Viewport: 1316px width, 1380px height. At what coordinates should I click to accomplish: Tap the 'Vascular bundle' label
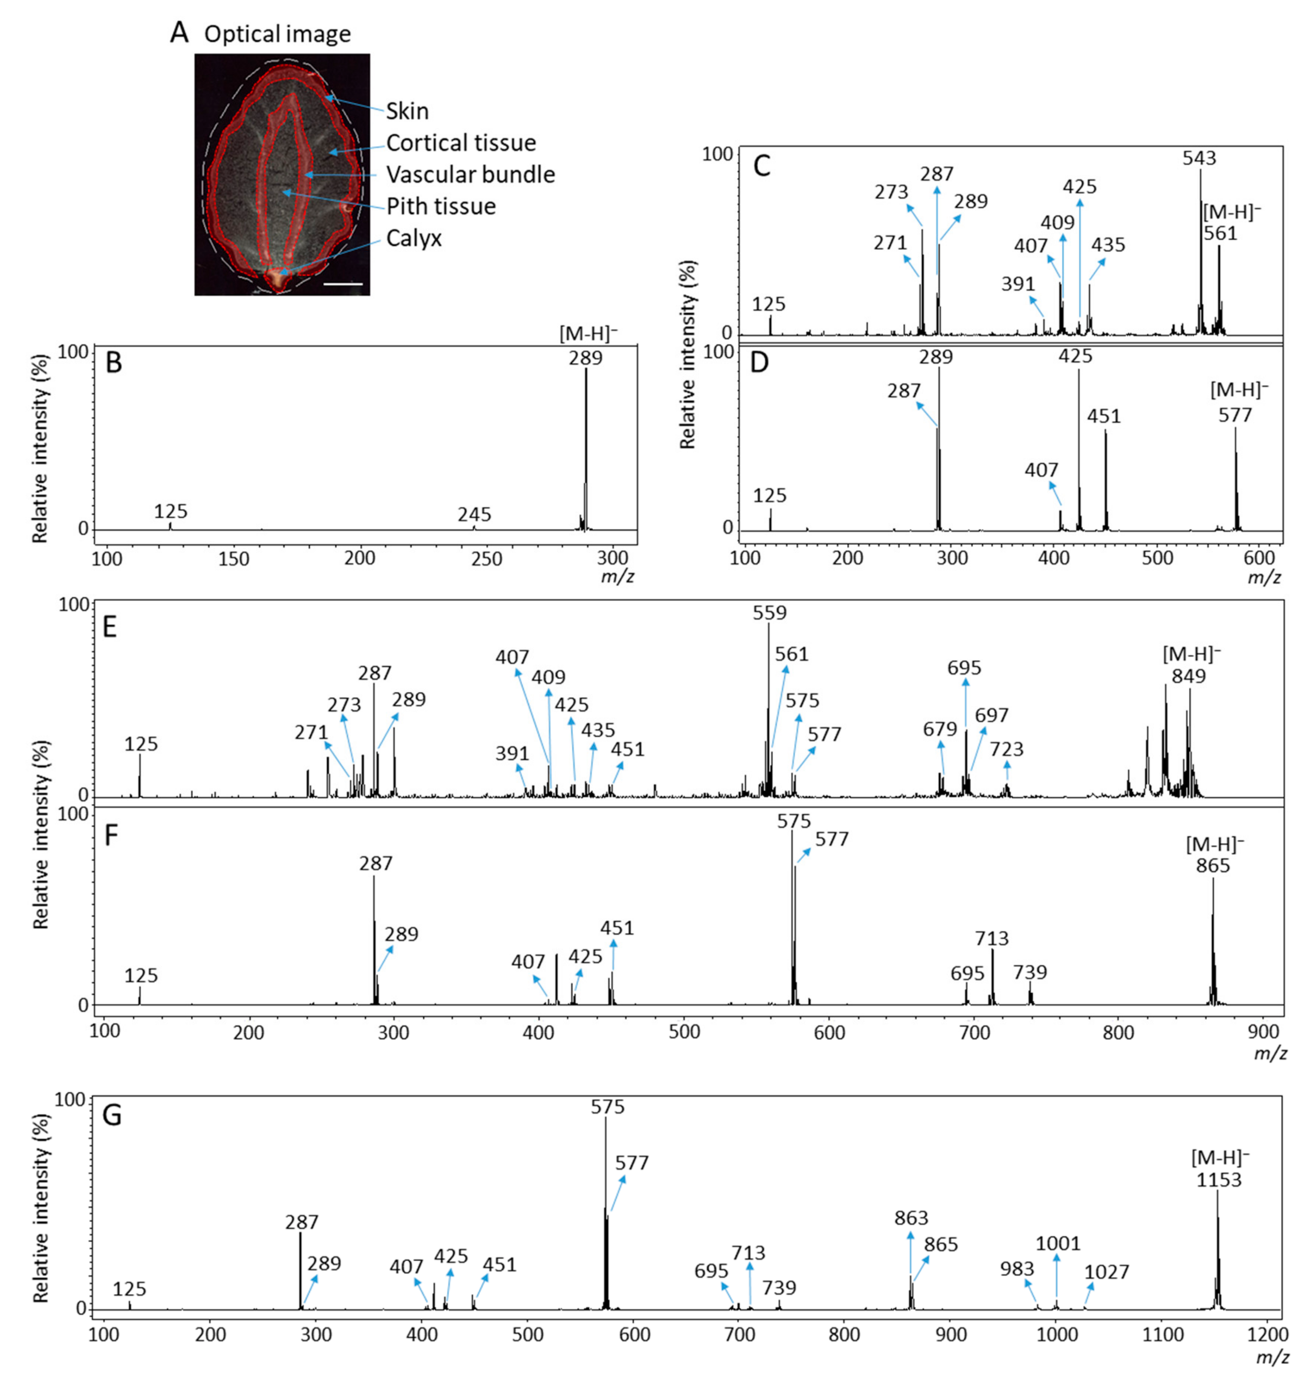[470, 174]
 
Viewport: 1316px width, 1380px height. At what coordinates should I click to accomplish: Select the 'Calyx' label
[414, 238]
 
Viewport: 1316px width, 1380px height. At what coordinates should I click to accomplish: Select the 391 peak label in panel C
[1018, 284]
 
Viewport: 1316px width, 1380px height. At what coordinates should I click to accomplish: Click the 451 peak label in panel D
[1104, 416]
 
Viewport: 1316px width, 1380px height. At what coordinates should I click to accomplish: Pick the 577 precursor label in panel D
[1235, 415]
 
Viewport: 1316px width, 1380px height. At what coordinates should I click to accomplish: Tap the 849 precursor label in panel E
[1189, 676]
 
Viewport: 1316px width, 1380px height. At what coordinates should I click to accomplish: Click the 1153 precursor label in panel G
[1218, 1179]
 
